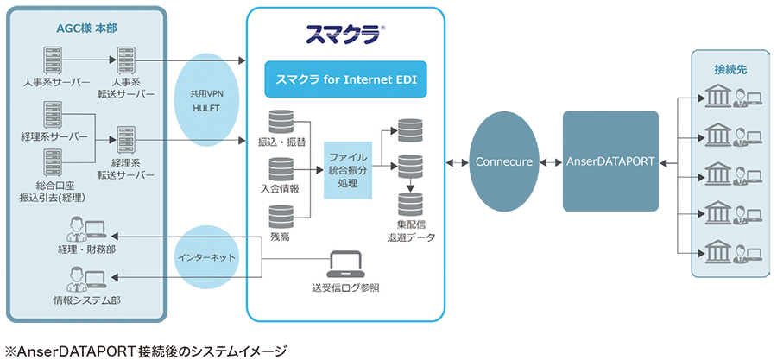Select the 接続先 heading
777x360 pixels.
[x=730, y=67]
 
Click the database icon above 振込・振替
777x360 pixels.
[x=281, y=122]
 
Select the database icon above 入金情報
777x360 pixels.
[x=281, y=169]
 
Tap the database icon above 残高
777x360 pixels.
[x=281, y=216]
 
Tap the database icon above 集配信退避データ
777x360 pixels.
[x=410, y=204]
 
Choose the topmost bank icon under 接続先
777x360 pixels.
[x=718, y=98]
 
